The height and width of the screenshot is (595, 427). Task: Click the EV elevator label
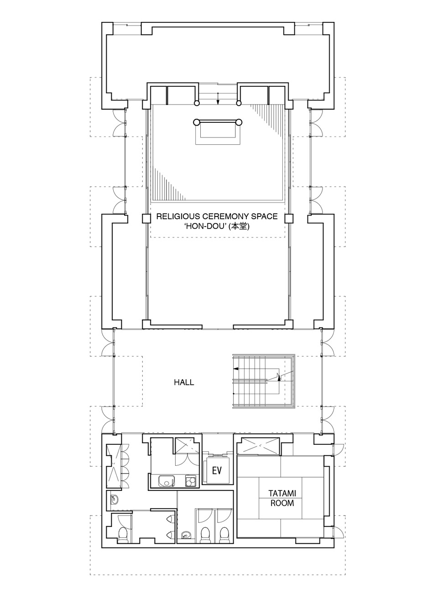tap(216, 470)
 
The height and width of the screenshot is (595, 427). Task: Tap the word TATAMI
tap(282, 494)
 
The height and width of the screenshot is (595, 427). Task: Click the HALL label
tap(184, 382)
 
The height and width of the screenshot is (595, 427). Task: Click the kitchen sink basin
tap(167, 481)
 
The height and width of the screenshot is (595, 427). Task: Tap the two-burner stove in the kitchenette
tap(191, 481)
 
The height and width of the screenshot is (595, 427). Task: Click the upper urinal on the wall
tap(169, 518)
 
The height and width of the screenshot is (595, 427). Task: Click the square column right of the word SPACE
tap(289, 218)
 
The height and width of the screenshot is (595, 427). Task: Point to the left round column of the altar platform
tap(196, 122)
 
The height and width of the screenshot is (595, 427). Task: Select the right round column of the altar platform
tap(239, 122)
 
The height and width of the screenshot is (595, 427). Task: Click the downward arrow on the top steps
tap(218, 99)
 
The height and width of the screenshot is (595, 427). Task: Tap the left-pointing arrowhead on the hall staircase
tap(235, 369)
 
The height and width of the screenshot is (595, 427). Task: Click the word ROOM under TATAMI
tap(282, 503)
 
